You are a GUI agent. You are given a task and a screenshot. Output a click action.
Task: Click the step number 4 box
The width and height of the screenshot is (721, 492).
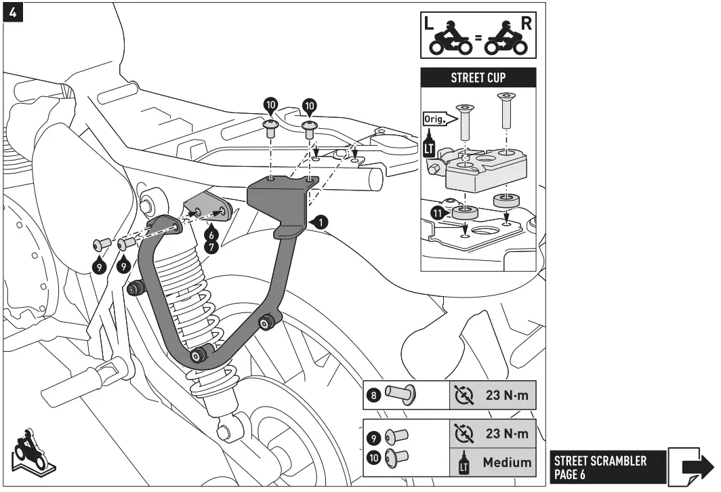point(12,13)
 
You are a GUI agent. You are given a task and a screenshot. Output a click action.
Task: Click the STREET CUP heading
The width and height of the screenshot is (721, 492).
point(478,78)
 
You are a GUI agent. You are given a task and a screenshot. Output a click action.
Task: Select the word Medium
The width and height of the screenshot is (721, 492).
point(506,463)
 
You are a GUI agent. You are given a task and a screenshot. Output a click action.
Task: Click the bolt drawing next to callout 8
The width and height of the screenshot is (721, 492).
point(400,394)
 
